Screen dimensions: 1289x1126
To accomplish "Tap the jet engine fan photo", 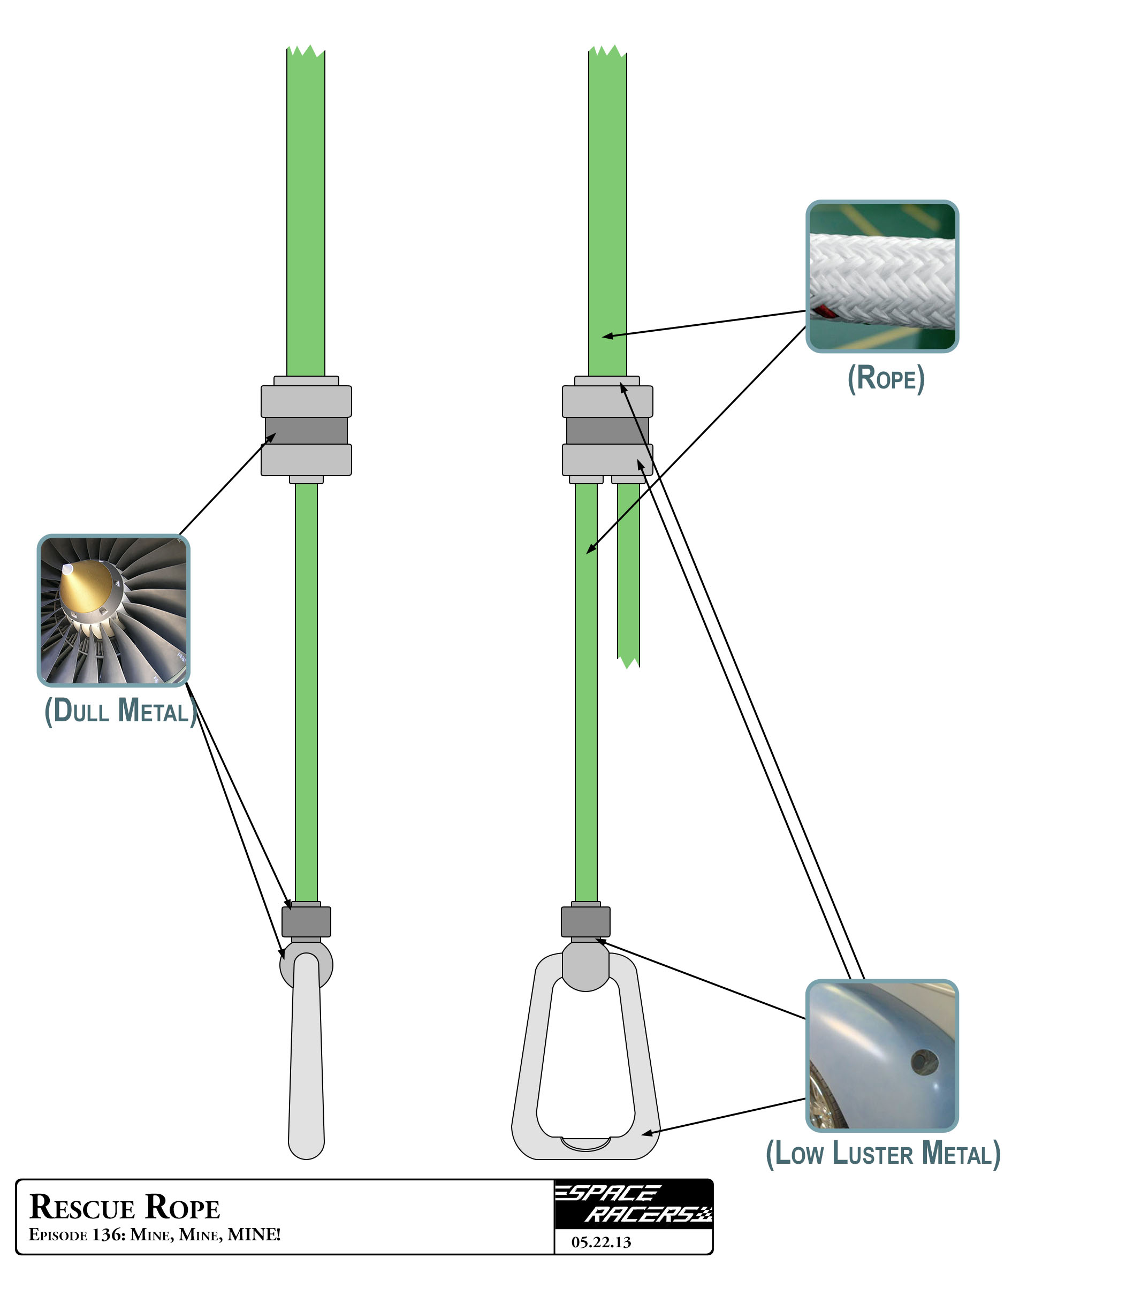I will click(x=113, y=611).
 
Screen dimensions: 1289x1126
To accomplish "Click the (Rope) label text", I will click(x=886, y=378).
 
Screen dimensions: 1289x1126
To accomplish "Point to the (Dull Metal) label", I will click(x=120, y=711).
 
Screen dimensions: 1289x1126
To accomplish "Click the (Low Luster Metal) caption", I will click(x=883, y=1154).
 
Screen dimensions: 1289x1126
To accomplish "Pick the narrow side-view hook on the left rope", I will click(x=306, y=1062).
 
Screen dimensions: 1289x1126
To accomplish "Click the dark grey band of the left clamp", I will click(x=306, y=431).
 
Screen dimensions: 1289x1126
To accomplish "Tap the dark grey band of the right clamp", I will click(x=607, y=431).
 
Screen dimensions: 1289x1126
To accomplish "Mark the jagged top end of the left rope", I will click(x=306, y=54).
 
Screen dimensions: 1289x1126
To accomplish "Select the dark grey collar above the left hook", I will click(x=306, y=921).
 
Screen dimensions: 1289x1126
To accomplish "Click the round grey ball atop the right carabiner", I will click(x=585, y=964).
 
